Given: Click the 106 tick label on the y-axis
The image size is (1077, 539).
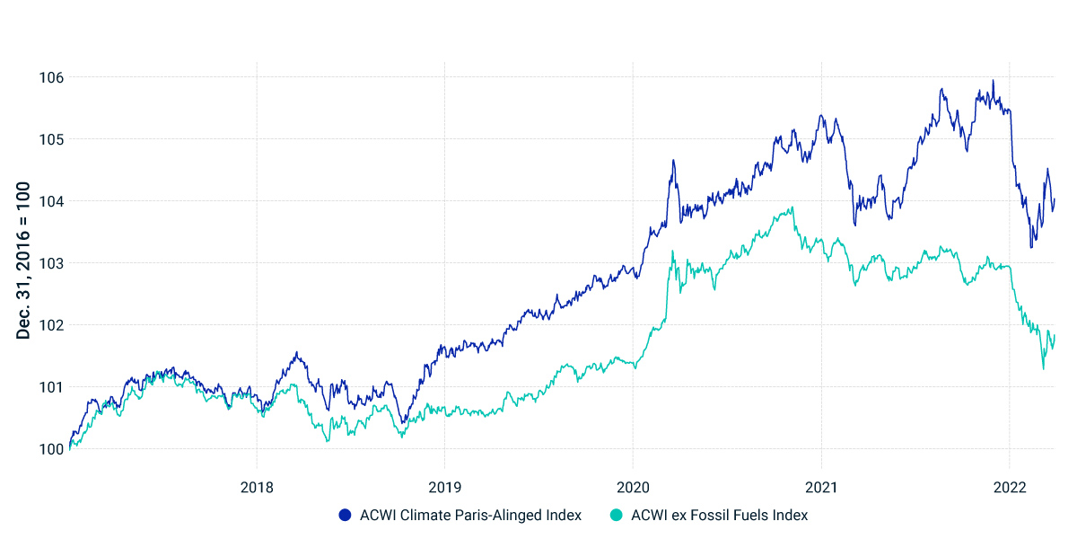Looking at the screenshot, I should [51, 77].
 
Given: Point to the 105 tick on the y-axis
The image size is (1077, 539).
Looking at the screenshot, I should [51, 139].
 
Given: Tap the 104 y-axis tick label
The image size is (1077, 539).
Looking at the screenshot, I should [51, 201].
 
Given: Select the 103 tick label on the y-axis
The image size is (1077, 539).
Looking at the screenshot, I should [51, 263].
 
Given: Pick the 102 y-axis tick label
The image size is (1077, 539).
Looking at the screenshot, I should [51, 325].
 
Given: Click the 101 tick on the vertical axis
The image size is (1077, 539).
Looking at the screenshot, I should [51, 387].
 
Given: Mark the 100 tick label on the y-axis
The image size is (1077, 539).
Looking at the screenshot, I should [51, 449].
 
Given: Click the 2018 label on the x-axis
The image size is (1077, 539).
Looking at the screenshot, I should [257, 486].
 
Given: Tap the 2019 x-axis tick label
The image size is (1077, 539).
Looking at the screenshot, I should [444, 486].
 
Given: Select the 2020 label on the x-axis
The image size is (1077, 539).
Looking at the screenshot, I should [633, 486].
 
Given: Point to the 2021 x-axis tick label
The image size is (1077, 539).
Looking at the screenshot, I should [821, 486].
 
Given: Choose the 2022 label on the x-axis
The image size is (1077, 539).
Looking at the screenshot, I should [1010, 486].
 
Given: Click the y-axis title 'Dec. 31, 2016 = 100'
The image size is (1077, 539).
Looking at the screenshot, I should [24, 261].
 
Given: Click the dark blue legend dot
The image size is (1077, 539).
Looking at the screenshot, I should [345, 516].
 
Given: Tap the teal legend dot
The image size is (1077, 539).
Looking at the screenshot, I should [616, 516].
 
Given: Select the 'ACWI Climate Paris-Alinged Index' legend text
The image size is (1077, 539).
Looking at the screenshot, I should [470, 516].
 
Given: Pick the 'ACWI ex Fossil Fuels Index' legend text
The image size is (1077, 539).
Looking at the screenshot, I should [720, 516].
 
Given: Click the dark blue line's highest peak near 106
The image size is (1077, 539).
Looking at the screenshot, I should [993, 81].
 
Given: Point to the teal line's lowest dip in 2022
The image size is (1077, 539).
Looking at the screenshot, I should [1043, 368].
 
